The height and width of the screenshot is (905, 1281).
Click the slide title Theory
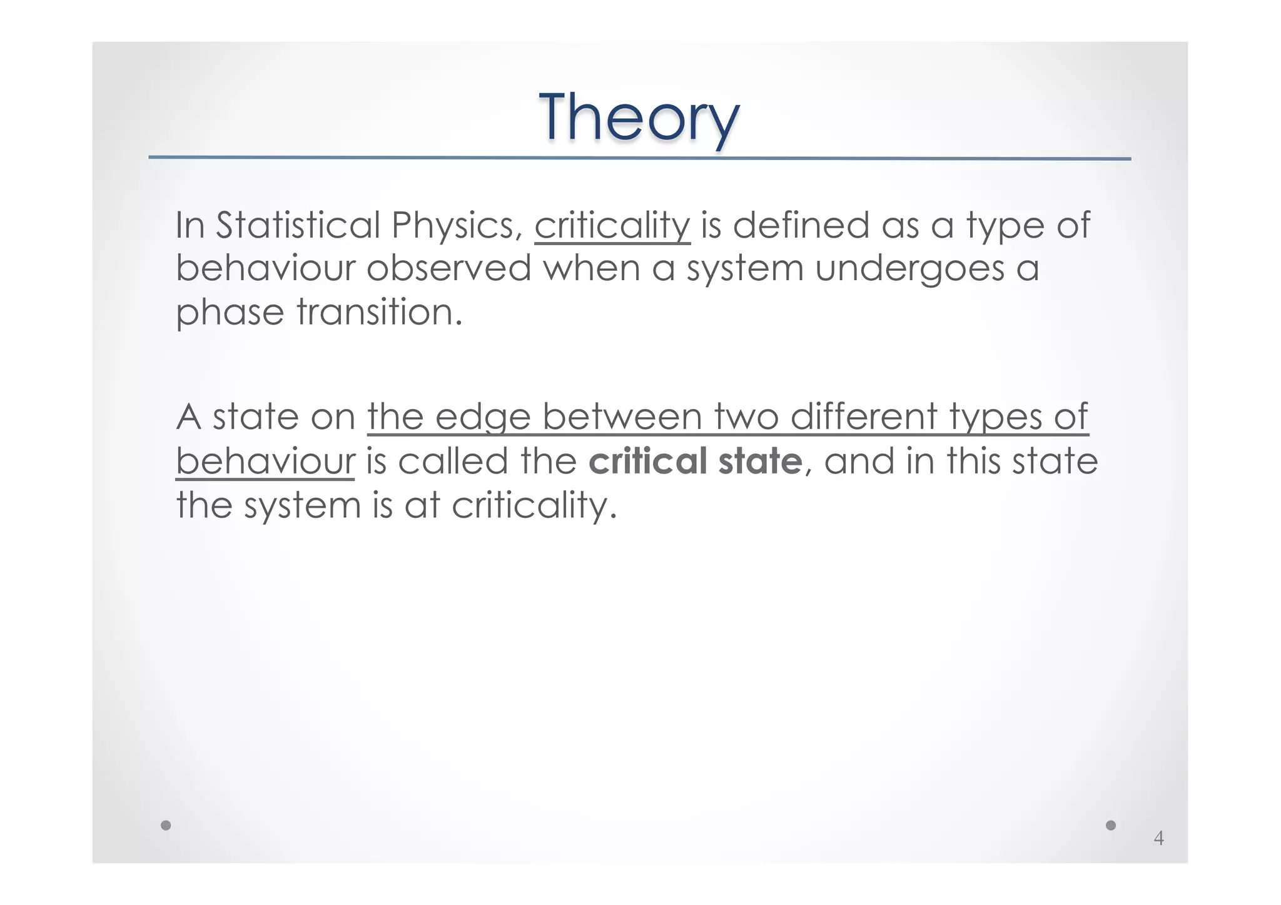[639, 118]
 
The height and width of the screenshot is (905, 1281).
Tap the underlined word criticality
[612, 226]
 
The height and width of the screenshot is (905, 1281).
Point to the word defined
[801, 225]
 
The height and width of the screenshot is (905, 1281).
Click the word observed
[448, 268]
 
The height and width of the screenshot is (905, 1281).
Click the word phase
[230, 313]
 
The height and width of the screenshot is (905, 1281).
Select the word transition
[379, 311]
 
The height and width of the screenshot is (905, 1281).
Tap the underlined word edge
[482, 417]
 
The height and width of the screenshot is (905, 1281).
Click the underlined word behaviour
[265, 461]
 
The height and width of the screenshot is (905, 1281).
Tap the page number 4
[1158, 838]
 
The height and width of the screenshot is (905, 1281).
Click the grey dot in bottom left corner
[166, 825]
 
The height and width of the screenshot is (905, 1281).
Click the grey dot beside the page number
[1111, 825]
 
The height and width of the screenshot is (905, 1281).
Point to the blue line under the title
[639, 158]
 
